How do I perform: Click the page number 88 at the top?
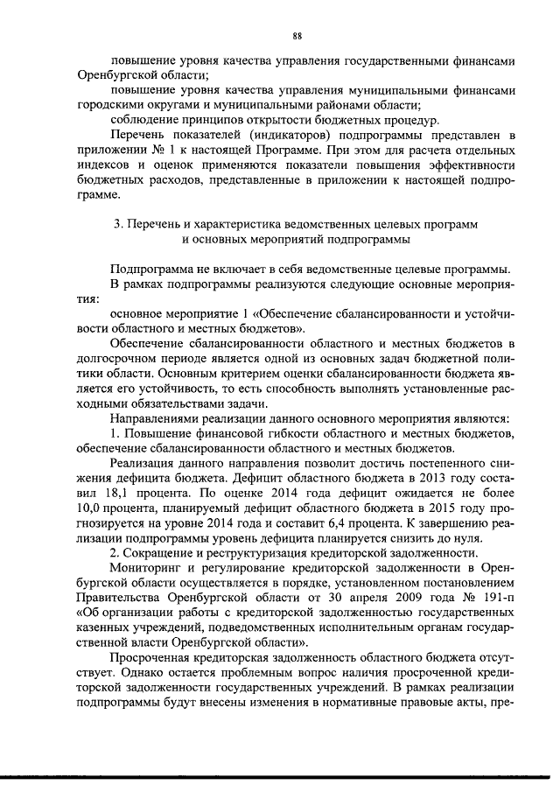point(297,36)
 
